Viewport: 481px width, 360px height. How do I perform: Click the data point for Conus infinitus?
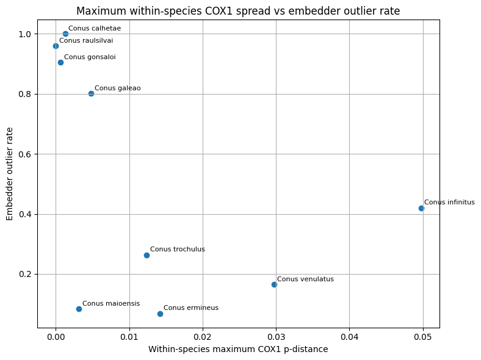(x=421, y=208)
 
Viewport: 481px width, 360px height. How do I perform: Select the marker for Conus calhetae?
(x=65, y=34)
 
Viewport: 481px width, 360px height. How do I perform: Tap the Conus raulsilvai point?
(x=56, y=46)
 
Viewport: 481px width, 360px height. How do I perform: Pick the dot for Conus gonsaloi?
(x=60, y=62)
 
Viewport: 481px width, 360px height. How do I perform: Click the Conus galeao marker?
(x=91, y=93)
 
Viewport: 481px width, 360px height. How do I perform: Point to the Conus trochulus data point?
(x=146, y=255)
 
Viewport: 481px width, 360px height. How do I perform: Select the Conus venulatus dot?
(x=274, y=284)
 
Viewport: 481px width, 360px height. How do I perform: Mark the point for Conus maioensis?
(x=79, y=309)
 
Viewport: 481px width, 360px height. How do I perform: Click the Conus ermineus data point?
(x=160, y=314)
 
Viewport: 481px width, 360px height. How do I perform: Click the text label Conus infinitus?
(x=449, y=203)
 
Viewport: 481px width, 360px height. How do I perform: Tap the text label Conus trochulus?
(x=177, y=249)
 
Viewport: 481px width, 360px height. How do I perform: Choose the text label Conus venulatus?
(x=305, y=279)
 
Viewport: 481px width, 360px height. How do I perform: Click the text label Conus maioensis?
(x=110, y=303)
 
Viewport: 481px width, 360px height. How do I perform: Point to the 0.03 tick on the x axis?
(x=276, y=336)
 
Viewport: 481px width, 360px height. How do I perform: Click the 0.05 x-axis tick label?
(x=422, y=336)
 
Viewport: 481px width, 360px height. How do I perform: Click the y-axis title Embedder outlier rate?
(x=10, y=174)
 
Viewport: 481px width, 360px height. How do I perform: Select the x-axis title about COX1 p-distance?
(x=238, y=349)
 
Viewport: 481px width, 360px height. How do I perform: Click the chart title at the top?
(x=238, y=11)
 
